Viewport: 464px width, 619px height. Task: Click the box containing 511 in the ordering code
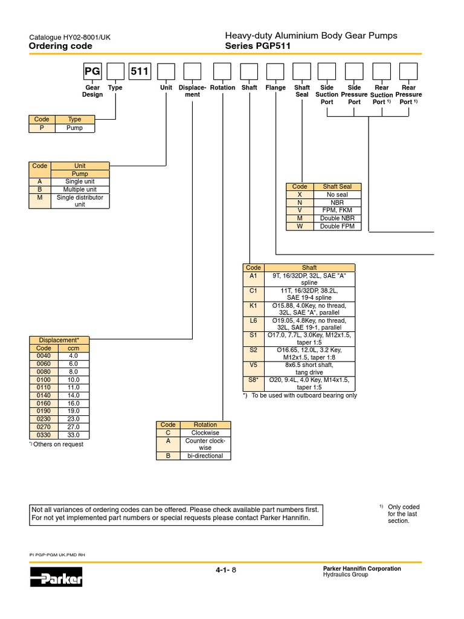point(140,71)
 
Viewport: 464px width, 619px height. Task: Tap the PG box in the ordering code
point(92,71)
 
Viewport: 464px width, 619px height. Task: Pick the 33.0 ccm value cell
point(74,435)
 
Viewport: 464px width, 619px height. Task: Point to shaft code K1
point(253,306)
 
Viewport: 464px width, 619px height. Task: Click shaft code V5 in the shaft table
point(253,365)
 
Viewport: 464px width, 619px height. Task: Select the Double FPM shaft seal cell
point(338,226)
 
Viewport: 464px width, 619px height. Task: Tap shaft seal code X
point(300,195)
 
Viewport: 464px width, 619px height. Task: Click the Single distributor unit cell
point(80,201)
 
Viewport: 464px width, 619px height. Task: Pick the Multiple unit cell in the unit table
point(80,189)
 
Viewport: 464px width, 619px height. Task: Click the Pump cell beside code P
point(74,128)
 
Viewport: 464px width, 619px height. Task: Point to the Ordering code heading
point(60,46)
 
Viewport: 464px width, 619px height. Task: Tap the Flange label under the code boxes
point(275,88)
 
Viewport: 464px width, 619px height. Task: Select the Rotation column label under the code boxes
point(223,88)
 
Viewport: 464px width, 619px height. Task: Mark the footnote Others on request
point(57,444)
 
